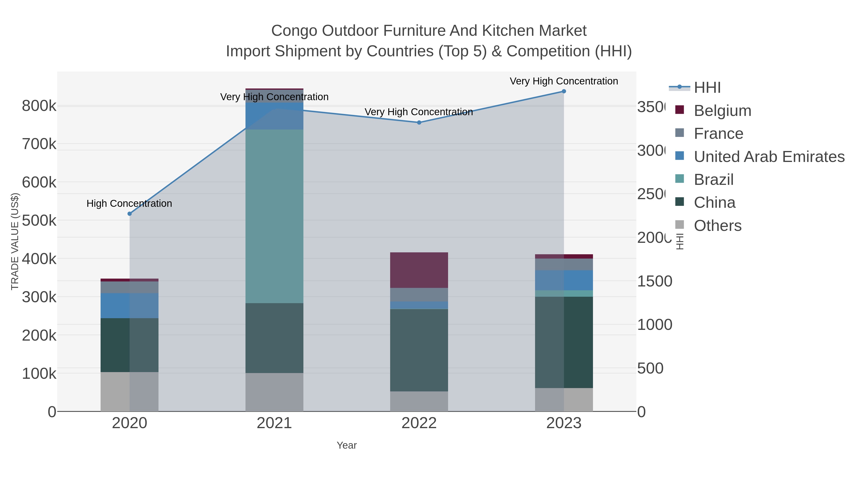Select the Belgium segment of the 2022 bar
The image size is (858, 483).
pyautogui.click(x=419, y=270)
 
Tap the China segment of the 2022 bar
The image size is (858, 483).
pyautogui.click(x=419, y=350)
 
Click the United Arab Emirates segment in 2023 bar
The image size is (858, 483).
pyautogui.click(x=564, y=280)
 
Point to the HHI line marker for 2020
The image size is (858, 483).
pyautogui.click(x=130, y=214)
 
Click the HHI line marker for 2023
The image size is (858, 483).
pyautogui.click(x=564, y=91)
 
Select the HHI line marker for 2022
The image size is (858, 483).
pyautogui.click(x=419, y=123)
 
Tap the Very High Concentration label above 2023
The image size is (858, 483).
pyautogui.click(x=564, y=81)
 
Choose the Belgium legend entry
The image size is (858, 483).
pyautogui.click(x=722, y=111)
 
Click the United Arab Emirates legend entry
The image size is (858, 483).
pyautogui.click(x=769, y=157)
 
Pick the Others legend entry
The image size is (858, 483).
pyautogui.click(x=717, y=226)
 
